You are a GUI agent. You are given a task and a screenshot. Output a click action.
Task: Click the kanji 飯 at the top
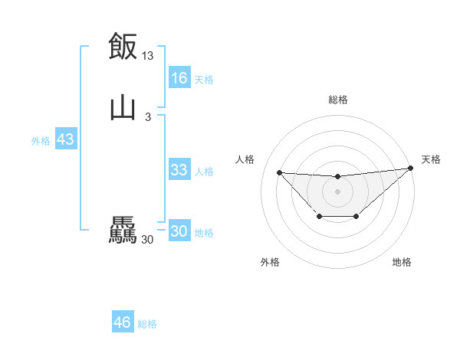point(123,46)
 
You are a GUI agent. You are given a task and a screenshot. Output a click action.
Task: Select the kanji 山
point(123,107)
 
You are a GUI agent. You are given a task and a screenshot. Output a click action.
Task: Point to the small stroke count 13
point(147,56)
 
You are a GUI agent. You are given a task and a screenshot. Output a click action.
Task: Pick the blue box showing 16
point(179,78)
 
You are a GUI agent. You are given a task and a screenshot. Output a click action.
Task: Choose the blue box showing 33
point(179,171)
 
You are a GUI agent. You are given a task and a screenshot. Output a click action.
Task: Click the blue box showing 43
point(65,140)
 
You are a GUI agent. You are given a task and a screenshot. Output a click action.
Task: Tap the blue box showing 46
point(122,323)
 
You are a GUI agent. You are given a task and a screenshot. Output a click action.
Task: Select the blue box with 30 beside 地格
point(179,232)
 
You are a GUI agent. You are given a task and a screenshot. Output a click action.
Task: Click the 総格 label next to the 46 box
point(147,324)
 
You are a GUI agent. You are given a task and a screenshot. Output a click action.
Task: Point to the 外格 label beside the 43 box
point(40,141)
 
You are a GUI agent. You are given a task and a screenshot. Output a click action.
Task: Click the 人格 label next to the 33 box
point(204,172)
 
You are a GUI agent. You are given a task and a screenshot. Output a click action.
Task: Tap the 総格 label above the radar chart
point(337,100)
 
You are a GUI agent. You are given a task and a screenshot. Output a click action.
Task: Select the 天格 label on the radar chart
point(431,159)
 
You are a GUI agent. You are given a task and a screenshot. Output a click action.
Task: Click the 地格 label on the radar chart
point(402,262)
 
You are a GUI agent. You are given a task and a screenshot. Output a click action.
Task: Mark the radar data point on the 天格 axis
point(411,168)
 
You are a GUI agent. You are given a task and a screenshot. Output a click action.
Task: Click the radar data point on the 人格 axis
point(279,172)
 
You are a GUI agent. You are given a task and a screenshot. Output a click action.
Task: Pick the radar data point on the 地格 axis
point(356,217)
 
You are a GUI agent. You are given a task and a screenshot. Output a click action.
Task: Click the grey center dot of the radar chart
point(337,191)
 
